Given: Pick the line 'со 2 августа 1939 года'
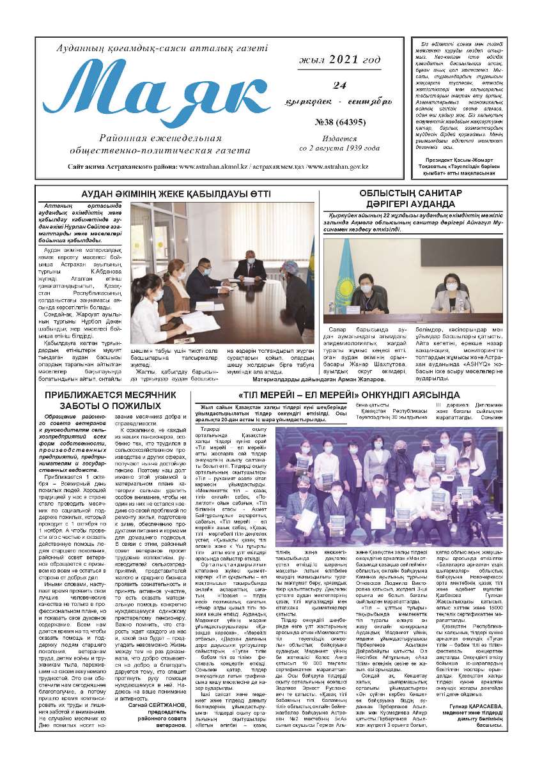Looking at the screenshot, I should [x=339, y=148].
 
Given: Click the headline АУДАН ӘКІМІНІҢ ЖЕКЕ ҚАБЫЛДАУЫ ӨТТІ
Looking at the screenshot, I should [x=171, y=194].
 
